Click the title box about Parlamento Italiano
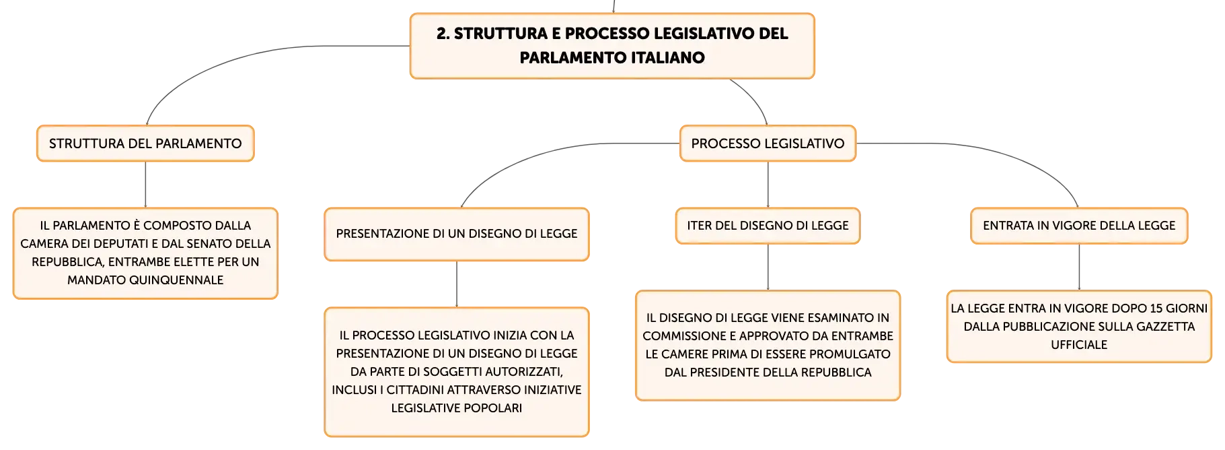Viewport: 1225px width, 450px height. tap(612, 46)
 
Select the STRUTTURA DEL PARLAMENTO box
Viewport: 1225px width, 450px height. tap(145, 143)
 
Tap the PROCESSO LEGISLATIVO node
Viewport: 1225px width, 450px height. tap(768, 143)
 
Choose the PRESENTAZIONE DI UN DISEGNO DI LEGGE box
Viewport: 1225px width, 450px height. tap(457, 234)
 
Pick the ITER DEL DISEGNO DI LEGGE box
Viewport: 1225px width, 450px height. tap(768, 226)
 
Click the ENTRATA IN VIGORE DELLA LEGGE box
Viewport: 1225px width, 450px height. tap(1079, 226)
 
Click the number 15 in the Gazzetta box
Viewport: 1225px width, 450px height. tap(1156, 309)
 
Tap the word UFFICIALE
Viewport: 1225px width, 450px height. tap(1079, 345)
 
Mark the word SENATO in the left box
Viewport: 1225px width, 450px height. tap(205, 244)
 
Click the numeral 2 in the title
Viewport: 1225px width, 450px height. tap(441, 34)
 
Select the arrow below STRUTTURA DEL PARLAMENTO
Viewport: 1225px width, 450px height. tap(145, 185)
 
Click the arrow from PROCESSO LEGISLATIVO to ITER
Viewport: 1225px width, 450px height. tap(768, 185)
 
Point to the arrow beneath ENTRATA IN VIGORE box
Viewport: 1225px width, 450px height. tap(1079, 267)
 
